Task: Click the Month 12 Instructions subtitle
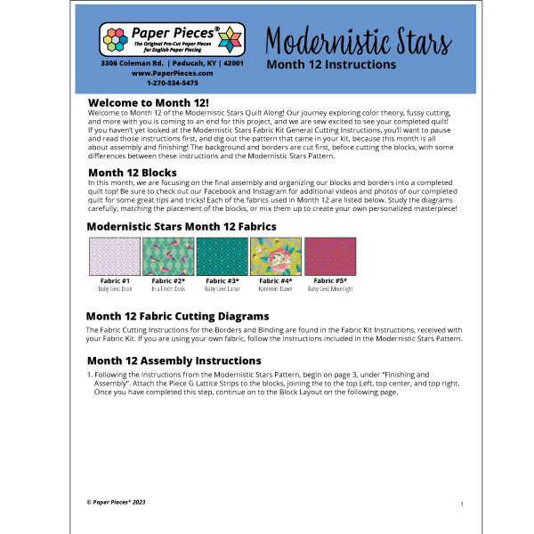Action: pos(331,65)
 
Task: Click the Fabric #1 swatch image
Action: pos(114,257)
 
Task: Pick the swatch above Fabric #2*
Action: pos(167,257)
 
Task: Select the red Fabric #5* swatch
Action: pos(329,257)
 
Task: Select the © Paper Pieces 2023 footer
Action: pos(115,502)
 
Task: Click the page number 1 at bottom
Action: pos(462,503)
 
